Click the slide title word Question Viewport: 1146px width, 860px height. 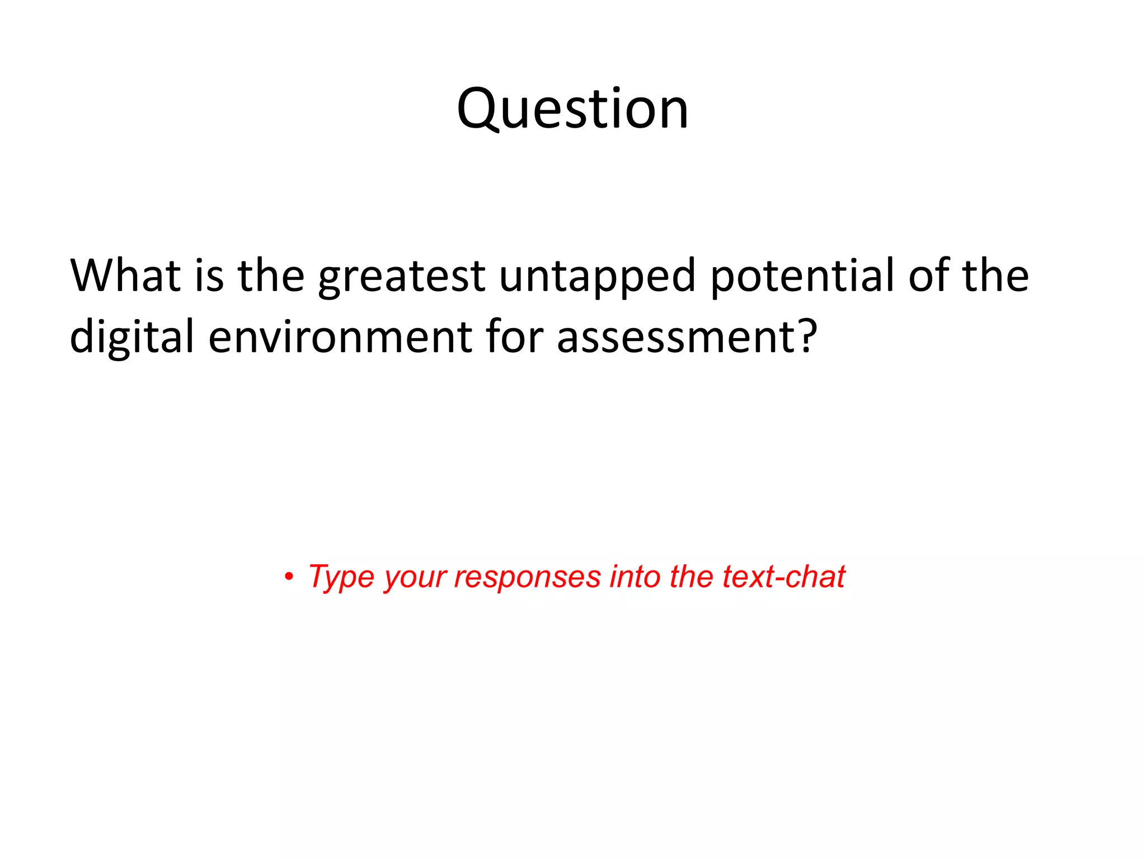572,110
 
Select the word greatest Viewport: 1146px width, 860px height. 402,277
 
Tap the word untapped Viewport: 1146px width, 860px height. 597,277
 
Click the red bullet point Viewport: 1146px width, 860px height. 289,577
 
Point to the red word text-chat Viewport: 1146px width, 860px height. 783,577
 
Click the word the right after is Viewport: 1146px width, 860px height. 271,275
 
